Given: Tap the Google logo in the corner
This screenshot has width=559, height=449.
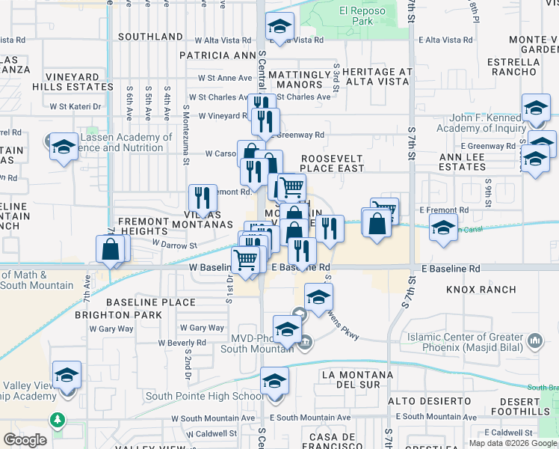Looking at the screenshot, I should click(x=25, y=440).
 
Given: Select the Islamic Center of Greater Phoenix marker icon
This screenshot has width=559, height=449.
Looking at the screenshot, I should click(x=535, y=342).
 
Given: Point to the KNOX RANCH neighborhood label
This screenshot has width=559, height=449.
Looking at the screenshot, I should click(x=481, y=290).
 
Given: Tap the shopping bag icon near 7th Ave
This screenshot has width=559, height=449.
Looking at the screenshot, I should click(x=111, y=249).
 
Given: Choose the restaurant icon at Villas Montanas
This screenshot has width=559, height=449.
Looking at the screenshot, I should click(x=202, y=198).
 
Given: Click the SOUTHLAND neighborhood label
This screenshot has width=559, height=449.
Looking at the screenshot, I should click(x=150, y=37).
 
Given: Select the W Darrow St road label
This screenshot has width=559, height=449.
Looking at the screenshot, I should click(x=173, y=244).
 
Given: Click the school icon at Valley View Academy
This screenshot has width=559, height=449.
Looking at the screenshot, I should click(x=67, y=374).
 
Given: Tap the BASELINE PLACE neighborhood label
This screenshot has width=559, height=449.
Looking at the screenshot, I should click(x=150, y=302).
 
